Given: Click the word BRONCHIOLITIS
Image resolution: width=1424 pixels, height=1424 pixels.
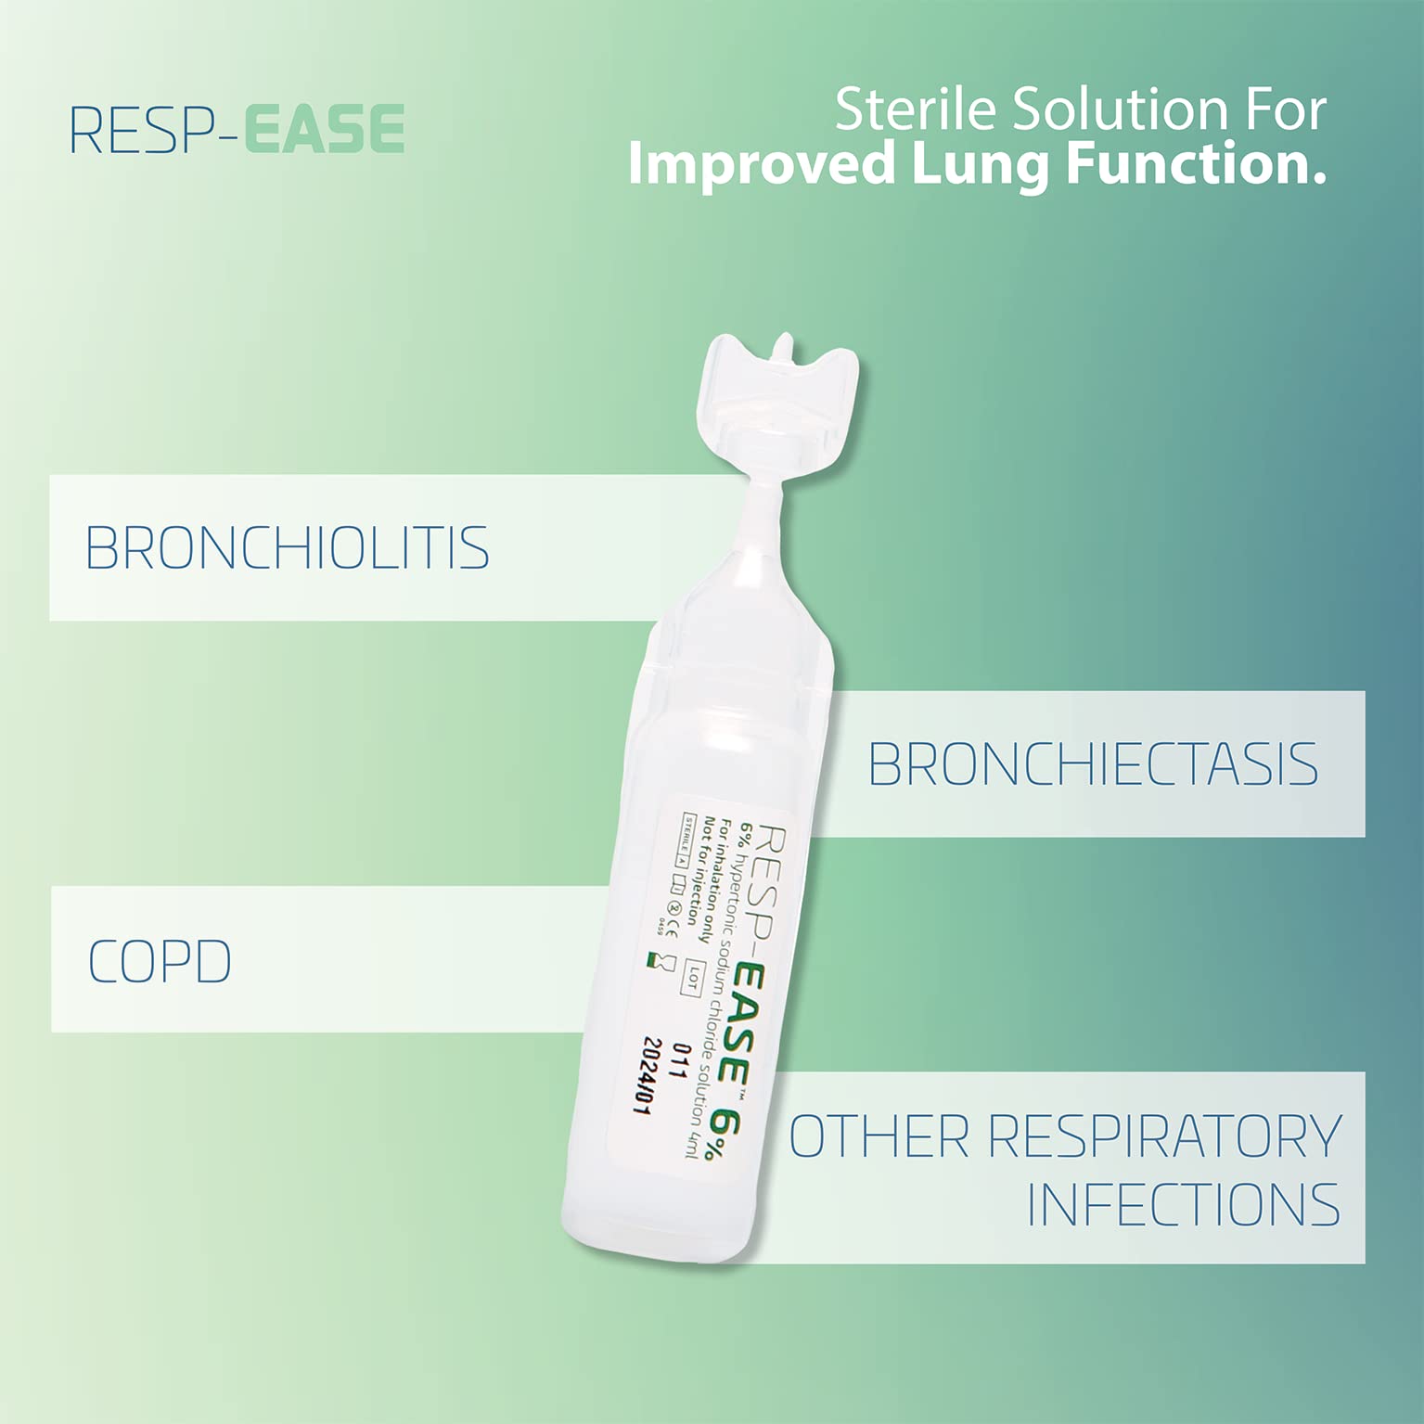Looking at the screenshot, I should [x=287, y=547].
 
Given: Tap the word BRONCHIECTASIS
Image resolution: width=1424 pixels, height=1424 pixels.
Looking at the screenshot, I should [x=1092, y=764].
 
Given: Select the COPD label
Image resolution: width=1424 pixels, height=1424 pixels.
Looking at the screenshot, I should [x=160, y=961].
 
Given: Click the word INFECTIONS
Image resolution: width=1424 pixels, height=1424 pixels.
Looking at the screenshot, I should [x=1183, y=1204].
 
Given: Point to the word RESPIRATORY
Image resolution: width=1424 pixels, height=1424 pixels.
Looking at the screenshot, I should [x=1164, y=1135].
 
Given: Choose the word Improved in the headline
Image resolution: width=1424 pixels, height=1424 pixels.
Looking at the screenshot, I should [x=761, y=164].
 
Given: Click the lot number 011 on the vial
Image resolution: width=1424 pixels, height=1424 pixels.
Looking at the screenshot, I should [x=683, y=1061].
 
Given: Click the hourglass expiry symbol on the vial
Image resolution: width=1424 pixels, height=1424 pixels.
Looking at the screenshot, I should [x=661, y=961].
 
